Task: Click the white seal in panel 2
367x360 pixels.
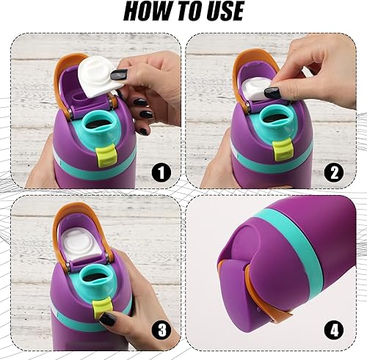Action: [x=264, y=88]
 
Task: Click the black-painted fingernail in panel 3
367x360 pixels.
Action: [x=107, y=317]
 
